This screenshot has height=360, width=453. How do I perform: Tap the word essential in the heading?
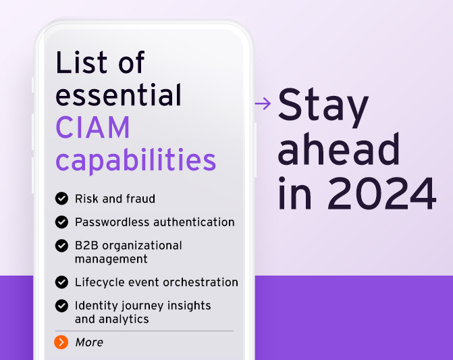click(119, 95)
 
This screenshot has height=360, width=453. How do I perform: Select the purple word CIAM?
click(93, 128)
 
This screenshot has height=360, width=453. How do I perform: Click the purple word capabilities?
click(136, 161)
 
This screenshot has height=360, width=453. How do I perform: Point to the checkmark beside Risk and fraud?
click(61, 199)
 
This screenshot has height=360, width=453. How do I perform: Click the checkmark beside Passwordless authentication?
click(61, 222)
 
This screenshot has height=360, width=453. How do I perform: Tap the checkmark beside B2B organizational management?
click(61, 245)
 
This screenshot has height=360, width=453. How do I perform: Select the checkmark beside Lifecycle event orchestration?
click(61, 282)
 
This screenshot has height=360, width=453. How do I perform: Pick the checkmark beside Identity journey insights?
click(61, 305)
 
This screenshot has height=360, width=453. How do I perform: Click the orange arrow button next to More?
click(61, 342)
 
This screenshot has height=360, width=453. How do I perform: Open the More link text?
click(89, 342)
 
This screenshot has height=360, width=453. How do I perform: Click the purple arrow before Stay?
click(263, 103)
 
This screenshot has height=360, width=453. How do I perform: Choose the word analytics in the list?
click(122, 319)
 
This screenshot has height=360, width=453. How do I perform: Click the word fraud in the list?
click(140, 199)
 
